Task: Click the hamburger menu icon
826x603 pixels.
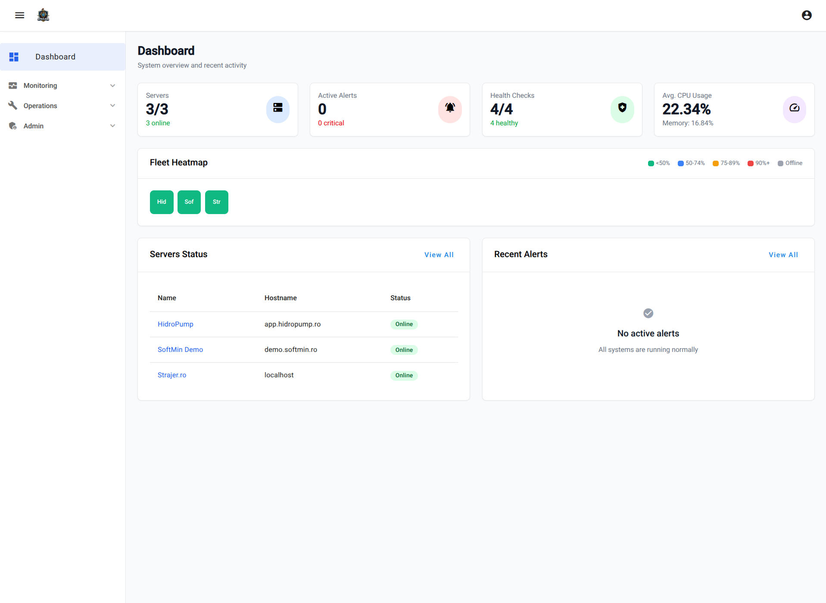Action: [x=19, y=16]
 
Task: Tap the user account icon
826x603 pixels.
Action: [x=807, y=16]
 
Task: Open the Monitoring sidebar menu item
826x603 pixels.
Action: [x=41, y=86]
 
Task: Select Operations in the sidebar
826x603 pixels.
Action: [x=41, y=106]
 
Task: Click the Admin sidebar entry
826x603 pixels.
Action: [x=34, y=126]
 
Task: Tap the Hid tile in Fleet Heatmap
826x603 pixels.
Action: [x=162, y=202]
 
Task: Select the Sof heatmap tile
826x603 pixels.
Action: [x=189, y=202]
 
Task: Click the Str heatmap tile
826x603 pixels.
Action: [x=217, y=202]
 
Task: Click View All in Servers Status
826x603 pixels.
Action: [x=439, y=255]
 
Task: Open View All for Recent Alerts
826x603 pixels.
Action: [x=783, y=255]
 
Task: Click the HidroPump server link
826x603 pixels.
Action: [x=175, y=324]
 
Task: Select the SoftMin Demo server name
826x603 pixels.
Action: [x=180, y=350]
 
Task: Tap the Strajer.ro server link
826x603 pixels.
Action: [x=172, y=375]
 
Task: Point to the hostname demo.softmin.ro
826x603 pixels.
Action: [x=291, y=350]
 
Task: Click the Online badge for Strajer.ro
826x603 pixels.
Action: [x=404, y=376]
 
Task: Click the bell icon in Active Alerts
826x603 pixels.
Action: [x=450, y=108]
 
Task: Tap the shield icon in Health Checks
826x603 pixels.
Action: [x=622, y=108]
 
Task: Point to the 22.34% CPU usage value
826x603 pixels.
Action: [x=686, y=109]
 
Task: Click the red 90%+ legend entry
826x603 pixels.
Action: [x=758, y=163]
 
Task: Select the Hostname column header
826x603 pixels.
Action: [x=281, y=298]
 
